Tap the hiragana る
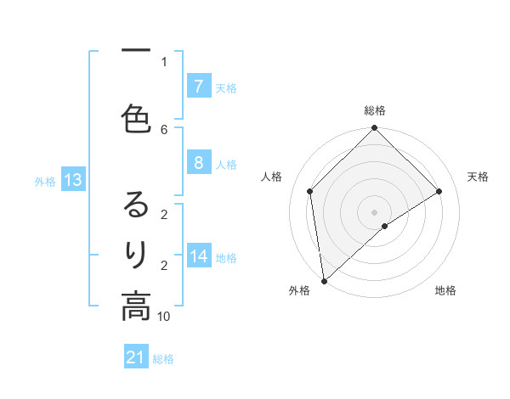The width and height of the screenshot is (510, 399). point(136,205)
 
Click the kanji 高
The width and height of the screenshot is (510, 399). point(136,306)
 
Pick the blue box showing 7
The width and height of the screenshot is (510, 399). point(198,86)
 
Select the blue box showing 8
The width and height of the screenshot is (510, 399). point(198,163)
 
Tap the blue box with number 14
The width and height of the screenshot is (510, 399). point(198,256)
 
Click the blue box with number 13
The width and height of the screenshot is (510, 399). point(72,180)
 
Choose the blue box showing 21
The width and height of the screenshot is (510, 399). point(136,358)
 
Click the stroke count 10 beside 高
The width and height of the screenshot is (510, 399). point(164,317)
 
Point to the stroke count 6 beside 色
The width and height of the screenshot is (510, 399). point(164,129)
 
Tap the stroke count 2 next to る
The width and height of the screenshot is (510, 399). point(164,215)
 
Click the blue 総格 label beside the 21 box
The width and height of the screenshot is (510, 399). point(163,359)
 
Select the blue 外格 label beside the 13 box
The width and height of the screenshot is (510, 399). point(44,181)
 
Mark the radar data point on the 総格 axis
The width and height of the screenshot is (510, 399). point(374,128)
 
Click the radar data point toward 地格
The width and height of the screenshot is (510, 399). point(385,226)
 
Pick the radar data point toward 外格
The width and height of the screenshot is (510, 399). point(324,280)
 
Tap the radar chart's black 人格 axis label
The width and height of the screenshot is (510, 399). point(272,177)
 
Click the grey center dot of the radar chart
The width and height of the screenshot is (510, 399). point(374,211)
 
